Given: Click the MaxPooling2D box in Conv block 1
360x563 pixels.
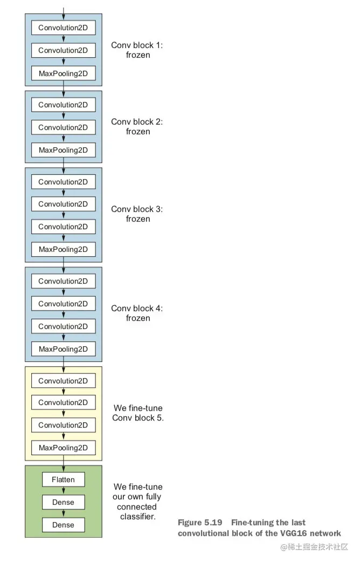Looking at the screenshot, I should tap(63, 73).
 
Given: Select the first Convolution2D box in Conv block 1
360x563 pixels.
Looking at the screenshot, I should tap(63, 28).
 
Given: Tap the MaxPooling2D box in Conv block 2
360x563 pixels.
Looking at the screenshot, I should tap(63, 149).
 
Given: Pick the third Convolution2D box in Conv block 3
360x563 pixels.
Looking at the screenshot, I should tap(63, 226).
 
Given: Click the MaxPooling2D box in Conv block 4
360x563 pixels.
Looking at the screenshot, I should tap(63, 349).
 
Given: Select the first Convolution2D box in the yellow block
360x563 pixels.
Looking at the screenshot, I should tap(63, 381).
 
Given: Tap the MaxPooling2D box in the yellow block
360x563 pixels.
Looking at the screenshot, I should tap(63, 448).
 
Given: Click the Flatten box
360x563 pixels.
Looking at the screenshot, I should tap(63, 479).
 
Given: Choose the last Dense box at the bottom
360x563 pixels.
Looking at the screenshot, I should tap(63, 525).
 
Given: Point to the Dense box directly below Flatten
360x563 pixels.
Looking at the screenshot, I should tap(63, 502).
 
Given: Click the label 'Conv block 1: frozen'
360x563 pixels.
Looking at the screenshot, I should tap(137, 50).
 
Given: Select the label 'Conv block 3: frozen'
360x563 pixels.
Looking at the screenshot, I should tap(137, 214).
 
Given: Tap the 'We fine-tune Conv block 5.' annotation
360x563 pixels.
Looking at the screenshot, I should tap(138, 413).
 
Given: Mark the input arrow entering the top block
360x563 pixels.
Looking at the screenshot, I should tap(64, 11).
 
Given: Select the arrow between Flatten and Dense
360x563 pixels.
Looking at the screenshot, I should tap(64, 491).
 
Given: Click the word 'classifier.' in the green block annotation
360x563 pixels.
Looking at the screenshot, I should tap(138, 517).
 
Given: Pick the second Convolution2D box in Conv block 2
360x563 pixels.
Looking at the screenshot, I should tap(63, 127).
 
